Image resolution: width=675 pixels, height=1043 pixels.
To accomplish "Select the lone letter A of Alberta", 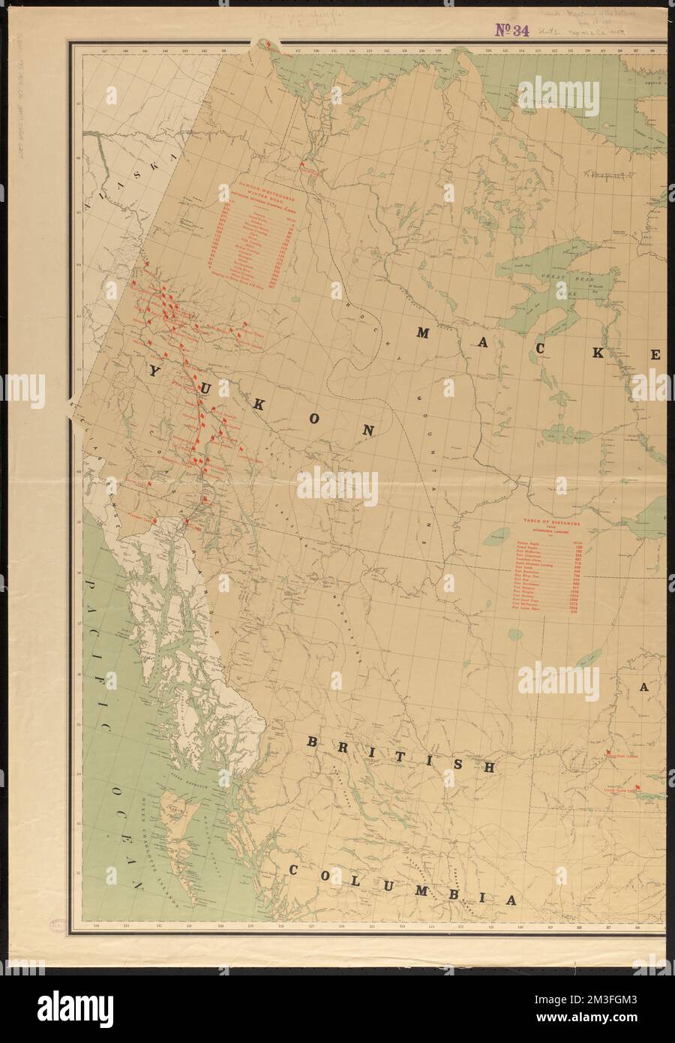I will point(643,688).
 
